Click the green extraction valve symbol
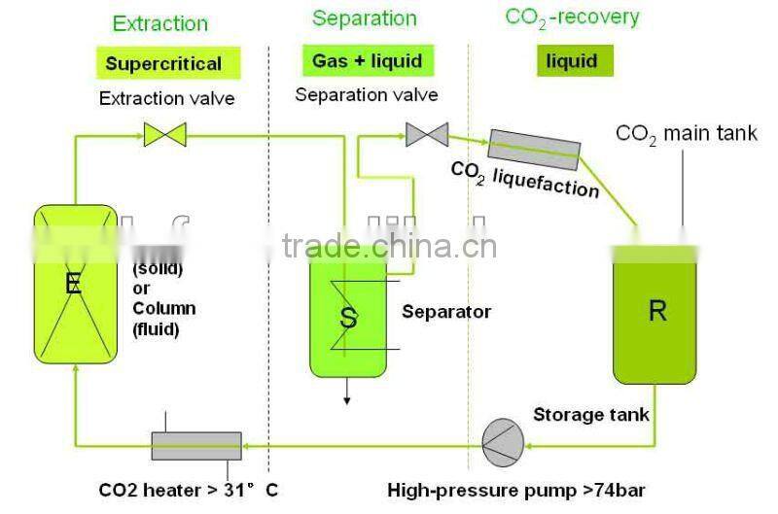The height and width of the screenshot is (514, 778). point(165,134)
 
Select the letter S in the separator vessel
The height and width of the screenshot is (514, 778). point(348,318)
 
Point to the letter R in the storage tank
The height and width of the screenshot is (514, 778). point(657,311)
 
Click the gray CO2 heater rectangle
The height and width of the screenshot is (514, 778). point(195,446)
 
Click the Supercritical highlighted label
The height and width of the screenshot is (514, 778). point(163,64)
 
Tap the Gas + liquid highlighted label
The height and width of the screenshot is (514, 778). point(367,60)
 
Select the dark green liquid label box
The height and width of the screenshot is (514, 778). point(571,61)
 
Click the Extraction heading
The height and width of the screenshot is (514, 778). point(160,22)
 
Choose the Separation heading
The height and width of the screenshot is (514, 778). point(364,18)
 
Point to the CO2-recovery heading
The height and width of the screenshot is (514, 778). point(572,17)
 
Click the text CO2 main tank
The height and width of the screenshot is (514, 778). point(686,134)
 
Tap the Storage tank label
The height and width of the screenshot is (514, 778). point(591,415)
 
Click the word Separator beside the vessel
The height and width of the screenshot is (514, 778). point(446,312)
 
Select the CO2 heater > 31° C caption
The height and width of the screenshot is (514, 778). point(191,490)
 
